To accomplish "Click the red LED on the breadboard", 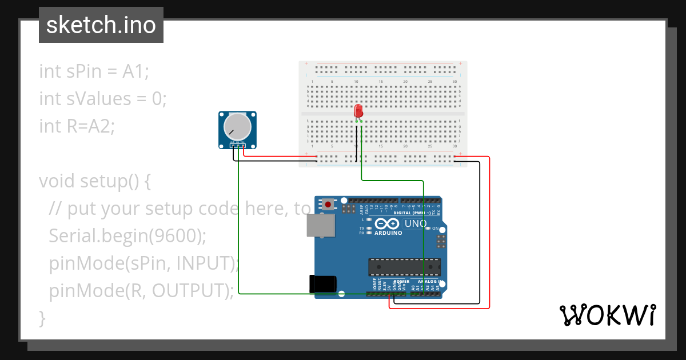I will pyautogui.click(x=358, y=110).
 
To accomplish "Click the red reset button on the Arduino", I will pyautogui.click(x=328, y=203).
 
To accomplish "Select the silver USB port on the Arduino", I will pyautogui.click(x=321, y=225).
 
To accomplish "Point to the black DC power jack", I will pyautogui.click(x=322, y=285).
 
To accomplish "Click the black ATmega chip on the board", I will pyautogui.click(x=404, y=266).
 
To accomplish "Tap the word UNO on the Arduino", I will pyautogui.click(x=416, y=223).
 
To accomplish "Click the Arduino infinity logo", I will pyautogui.click(x=388, y=223).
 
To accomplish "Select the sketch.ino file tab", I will pyautogui.click(x=101, y=25).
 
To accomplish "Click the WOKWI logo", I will pyautogui.click(x=607, y=315).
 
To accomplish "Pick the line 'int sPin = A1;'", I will pyautogui.click(x=94, y=71).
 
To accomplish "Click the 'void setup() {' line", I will pyautogui.click(x=94, y=181).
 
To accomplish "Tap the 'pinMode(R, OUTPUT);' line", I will pyautogui.click(x=141, y=290).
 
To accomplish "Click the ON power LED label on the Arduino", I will pyautogui.click(x=436, y=229).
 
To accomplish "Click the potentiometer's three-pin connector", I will pyautogui.click(x=238, y=146).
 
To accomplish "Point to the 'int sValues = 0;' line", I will pyautogui.click(x=103, y=99).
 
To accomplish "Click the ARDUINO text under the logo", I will pyautogui.click(x=388, y=233).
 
